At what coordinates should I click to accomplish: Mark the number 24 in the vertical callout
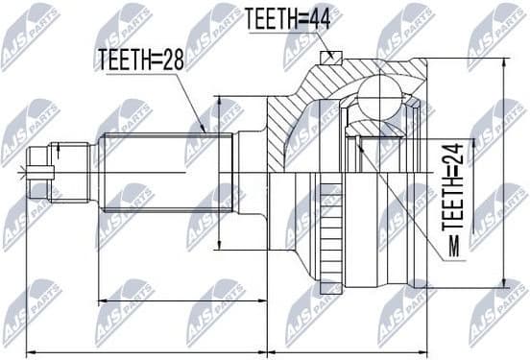point(448,156)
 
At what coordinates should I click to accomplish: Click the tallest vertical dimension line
point(502,173)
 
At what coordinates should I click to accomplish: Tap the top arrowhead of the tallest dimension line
point(502,63)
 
